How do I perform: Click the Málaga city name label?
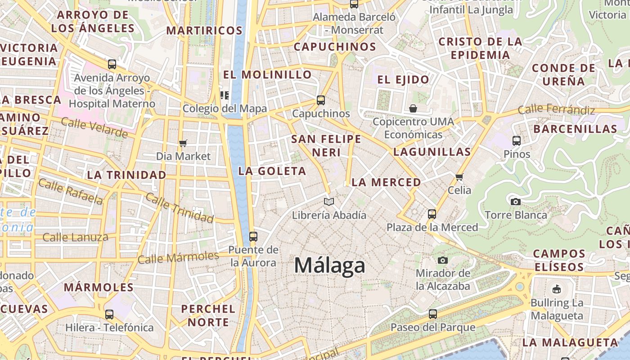[329, 265]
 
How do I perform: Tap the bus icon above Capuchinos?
[321, 100]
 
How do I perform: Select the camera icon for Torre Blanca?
[516, 202]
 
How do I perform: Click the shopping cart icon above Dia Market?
[183, 143]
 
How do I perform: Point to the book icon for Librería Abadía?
[329, 202]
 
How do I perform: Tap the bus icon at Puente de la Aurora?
[253, 236]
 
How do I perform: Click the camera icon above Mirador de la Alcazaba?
[443, 260]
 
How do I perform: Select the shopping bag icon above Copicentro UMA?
[413, 108]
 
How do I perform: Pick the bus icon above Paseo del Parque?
[433, 314]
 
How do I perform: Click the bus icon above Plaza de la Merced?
[432, 214]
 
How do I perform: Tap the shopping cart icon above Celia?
[459, 177]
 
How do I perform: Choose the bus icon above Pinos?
[517, 141]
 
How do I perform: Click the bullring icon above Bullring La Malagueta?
[557, 289]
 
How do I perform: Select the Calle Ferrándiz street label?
[556, 109]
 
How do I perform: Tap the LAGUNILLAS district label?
[432, 152]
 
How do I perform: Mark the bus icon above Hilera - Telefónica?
[109, 314]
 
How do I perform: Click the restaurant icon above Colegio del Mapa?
[224, 95]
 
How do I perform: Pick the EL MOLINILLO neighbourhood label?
[268, 75]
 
